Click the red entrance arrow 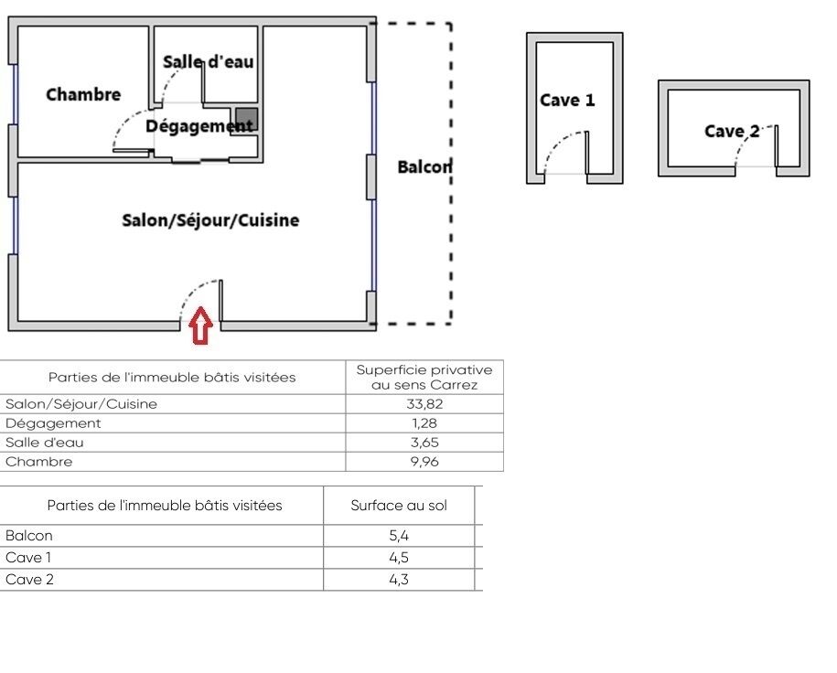[200, 328]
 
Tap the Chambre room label [83, 94]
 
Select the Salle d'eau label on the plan [209, 62]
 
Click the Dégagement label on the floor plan [199, 126]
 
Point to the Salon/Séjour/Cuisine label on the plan [210, 220]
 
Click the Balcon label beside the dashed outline [424, 167]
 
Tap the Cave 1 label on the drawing [567, 101]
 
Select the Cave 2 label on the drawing [732, 132]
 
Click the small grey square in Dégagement [246, 119]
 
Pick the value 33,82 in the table [424, 404]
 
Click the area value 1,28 [424, 423]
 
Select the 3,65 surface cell [424, 443]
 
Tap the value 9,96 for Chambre [424, 462]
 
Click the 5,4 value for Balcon [399, 536]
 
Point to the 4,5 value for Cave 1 [399, 558]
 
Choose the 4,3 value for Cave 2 [399, 580]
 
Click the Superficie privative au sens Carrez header [424, 377]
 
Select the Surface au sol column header [399, 506]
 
